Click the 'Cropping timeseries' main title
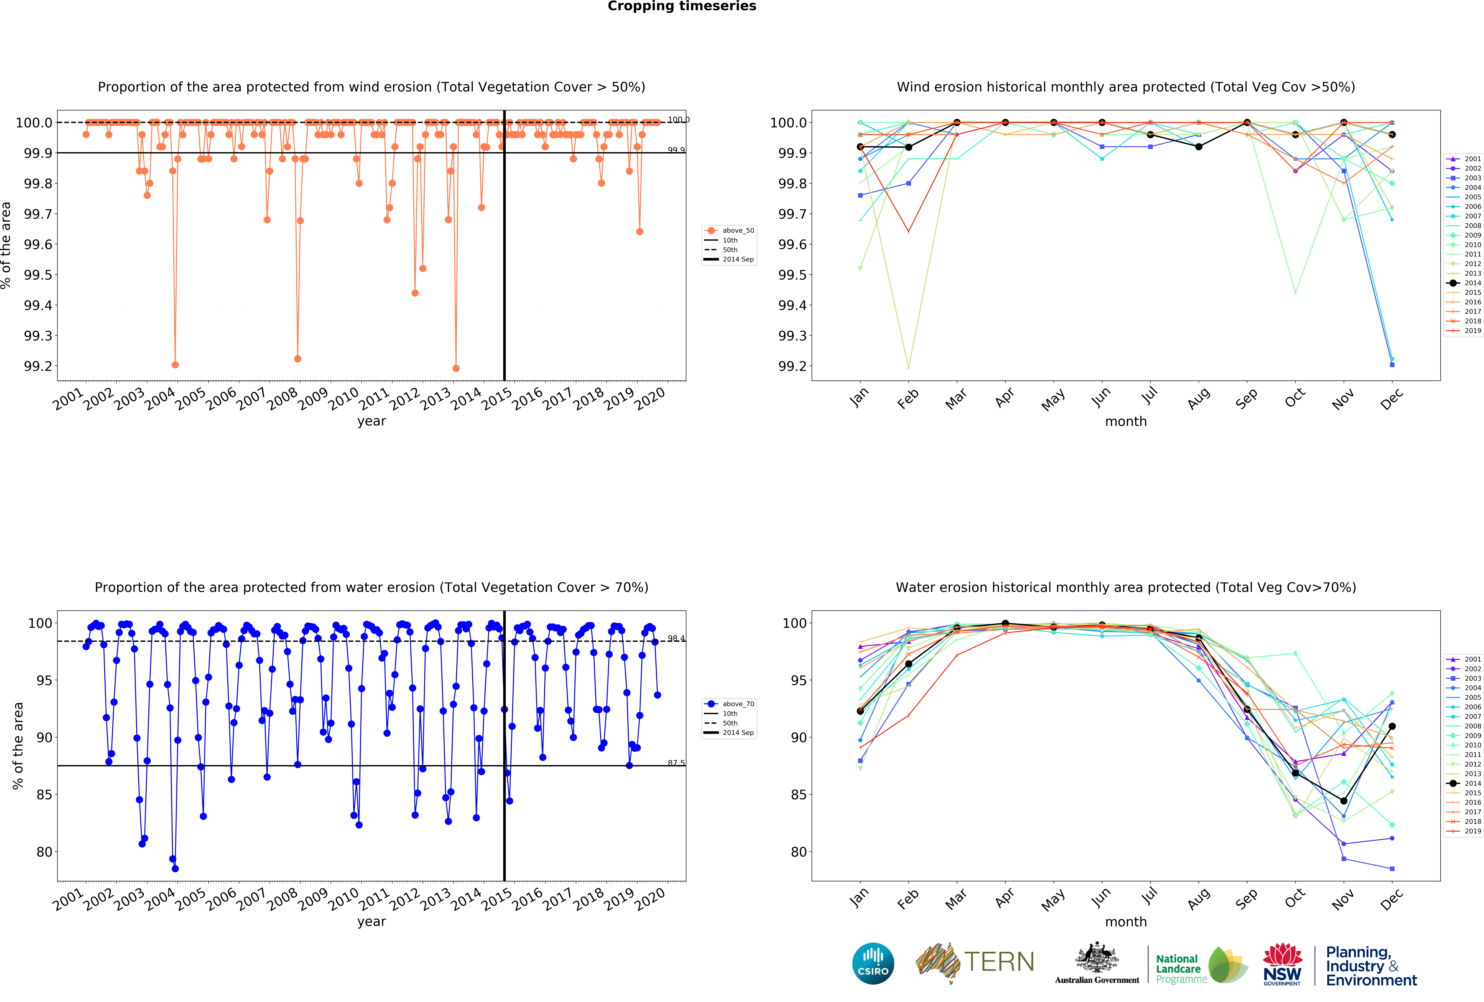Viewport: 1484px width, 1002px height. click(681, 6)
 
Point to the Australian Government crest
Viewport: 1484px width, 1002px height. click(1096, 957)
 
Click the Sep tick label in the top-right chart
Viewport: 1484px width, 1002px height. click(1246, 398)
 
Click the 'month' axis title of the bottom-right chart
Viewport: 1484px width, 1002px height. click(1126, 922)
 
